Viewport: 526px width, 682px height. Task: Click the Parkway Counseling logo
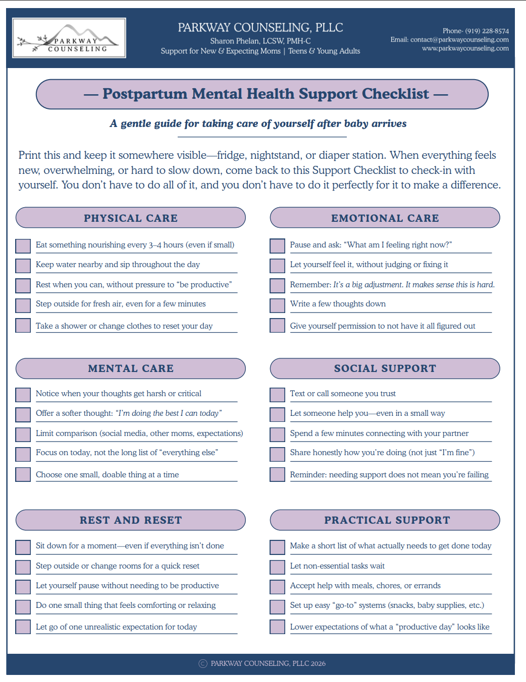[x=69, y=38]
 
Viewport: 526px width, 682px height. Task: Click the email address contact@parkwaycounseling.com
[x=459, y=40]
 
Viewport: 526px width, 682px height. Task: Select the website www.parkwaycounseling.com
[x=465, y=48]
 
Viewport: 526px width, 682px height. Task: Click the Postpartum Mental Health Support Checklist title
[x=266, y=94]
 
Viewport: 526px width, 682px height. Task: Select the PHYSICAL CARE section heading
[x=131, y=218]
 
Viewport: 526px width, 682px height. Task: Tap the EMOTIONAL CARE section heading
[x=385, y=218]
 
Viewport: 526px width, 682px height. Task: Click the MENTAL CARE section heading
[x=131, y=368]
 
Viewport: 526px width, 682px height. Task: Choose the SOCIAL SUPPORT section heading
[x=385, y=368]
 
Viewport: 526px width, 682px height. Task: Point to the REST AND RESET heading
[x=131, y=520]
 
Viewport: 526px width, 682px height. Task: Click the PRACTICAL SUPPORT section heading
[x=387, y=520]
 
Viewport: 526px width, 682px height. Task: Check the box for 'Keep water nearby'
[x=23, y=266]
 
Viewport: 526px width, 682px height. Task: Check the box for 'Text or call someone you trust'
[x=277, y=395]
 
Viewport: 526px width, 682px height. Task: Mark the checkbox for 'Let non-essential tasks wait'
[x=277, y=567]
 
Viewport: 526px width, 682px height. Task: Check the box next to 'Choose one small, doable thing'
[x=23, y=475]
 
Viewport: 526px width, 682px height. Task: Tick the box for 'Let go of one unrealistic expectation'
[x=23, y=627]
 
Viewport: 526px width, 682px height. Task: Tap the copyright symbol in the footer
[x=203, y=664]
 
